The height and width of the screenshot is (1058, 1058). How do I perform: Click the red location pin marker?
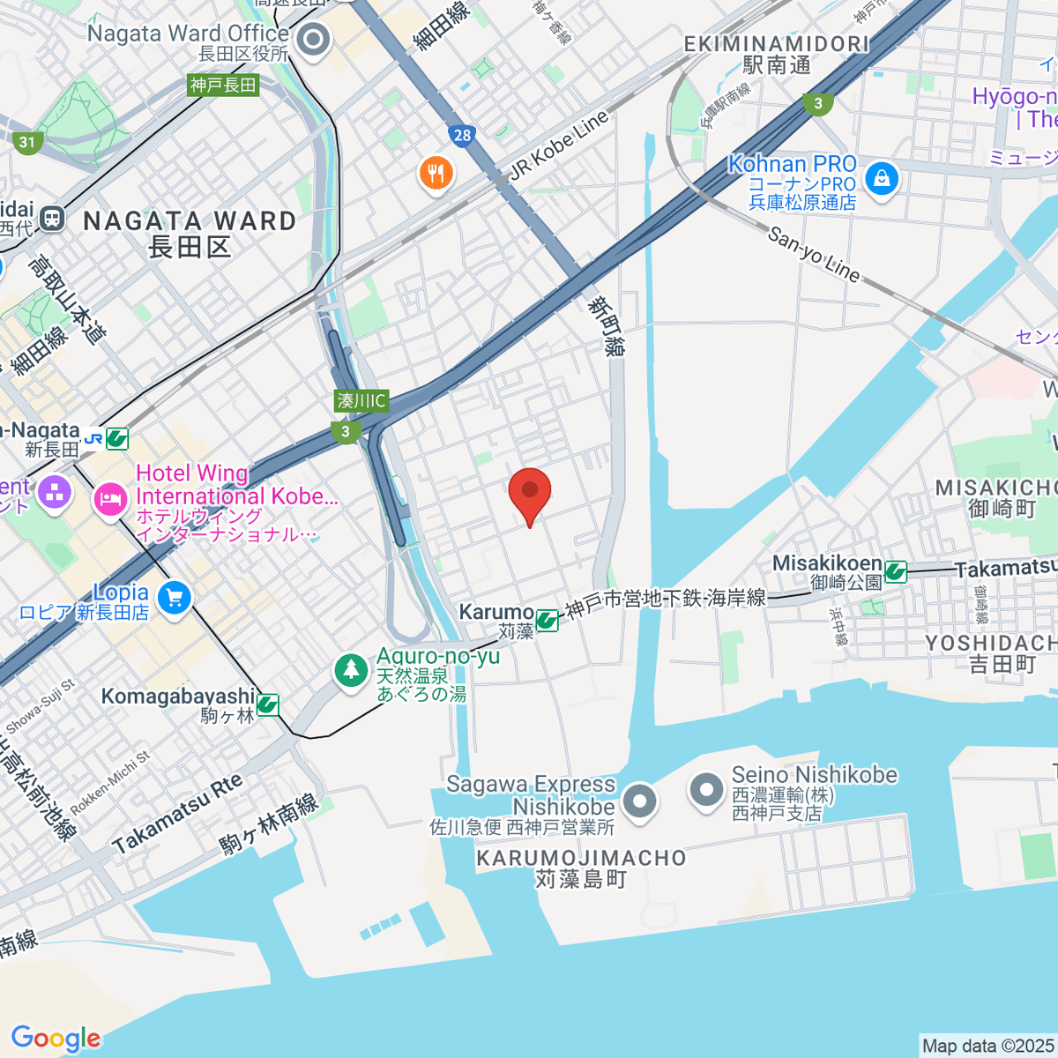point(530,493)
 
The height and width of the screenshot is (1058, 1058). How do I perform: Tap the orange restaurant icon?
point(436,172)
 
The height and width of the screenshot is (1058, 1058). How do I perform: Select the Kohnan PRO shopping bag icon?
point(881,180)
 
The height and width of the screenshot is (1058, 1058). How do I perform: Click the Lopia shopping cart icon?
point(175,600)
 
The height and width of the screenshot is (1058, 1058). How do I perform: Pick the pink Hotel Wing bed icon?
point(110,501)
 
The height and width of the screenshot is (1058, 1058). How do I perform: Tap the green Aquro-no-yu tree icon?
point(352,670)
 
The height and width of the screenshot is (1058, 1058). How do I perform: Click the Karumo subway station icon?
point(547,621)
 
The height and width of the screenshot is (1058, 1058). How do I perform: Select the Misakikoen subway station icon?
point(896,572)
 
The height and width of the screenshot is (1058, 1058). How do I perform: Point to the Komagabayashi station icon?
point(268,704)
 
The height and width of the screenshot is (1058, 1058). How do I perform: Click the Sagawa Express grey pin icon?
point(639,801)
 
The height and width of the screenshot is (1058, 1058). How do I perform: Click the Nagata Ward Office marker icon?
point(312,40)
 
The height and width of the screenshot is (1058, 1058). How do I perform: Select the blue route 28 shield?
point(463,135)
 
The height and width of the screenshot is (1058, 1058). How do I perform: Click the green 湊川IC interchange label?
point(361,400)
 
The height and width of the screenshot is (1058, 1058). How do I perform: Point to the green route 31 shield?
point(27,142)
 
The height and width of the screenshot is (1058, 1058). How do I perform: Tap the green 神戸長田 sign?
point(224,85)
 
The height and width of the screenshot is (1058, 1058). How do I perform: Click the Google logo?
point(56,1039)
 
